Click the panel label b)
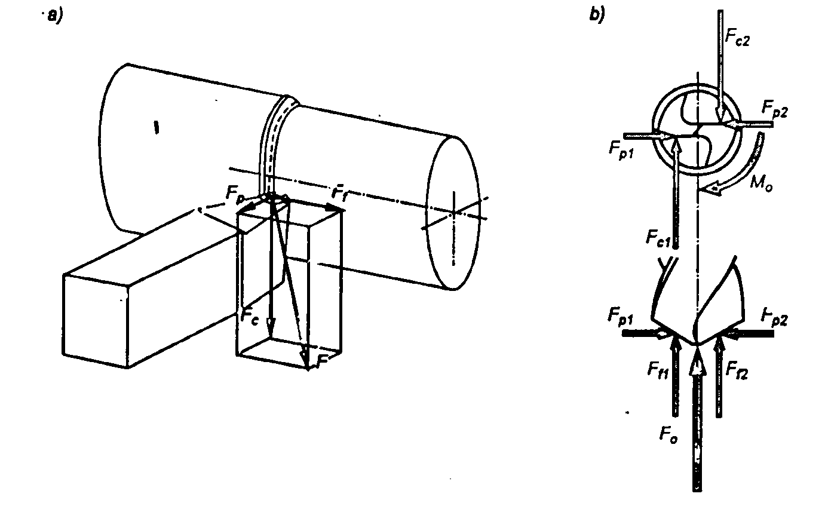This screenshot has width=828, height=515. click(597, 16)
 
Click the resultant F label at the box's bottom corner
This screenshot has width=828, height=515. click(323, 361)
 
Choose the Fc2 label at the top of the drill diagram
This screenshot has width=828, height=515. click(737, 35)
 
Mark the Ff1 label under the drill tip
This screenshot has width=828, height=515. click(658, 371)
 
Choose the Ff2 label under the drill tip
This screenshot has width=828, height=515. click(737, 371)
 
